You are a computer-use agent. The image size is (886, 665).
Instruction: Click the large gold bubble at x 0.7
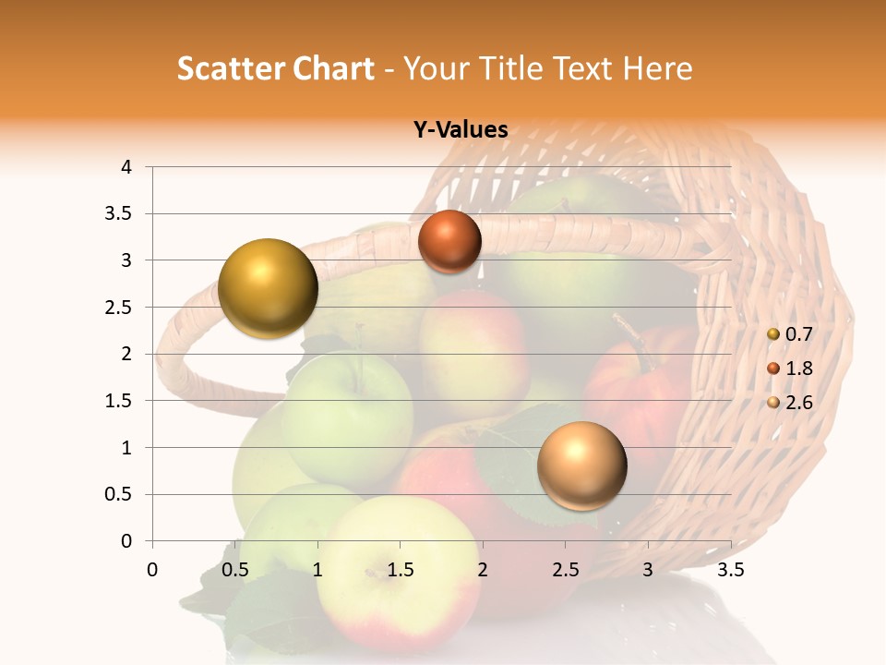[268, 288]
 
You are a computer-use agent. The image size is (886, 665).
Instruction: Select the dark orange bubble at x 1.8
[449, 242]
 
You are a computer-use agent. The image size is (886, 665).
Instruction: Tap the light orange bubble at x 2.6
[581, 465]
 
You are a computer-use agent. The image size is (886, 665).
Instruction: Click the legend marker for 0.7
[773, 334]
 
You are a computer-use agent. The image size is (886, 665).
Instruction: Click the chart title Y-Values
[461, 130]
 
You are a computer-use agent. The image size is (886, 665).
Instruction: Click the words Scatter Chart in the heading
[275, 68]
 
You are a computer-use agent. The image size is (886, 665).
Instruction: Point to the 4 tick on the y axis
[126, 167]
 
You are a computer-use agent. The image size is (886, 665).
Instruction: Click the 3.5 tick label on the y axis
[119, 214]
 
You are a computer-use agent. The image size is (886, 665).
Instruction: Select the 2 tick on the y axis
[126, 354]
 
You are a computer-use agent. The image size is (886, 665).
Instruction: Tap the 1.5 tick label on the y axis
[119, 401]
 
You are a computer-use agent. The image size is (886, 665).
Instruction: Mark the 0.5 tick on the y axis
[119, 494]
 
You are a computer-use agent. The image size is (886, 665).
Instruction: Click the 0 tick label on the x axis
[152, 569]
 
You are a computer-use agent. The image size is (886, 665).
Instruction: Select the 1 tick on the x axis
[317, 569]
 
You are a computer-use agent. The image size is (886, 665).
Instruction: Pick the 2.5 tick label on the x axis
[565, 569]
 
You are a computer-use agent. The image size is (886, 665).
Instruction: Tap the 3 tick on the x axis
[648, 569]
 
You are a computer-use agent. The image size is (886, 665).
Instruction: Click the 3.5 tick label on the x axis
[730, 569]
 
